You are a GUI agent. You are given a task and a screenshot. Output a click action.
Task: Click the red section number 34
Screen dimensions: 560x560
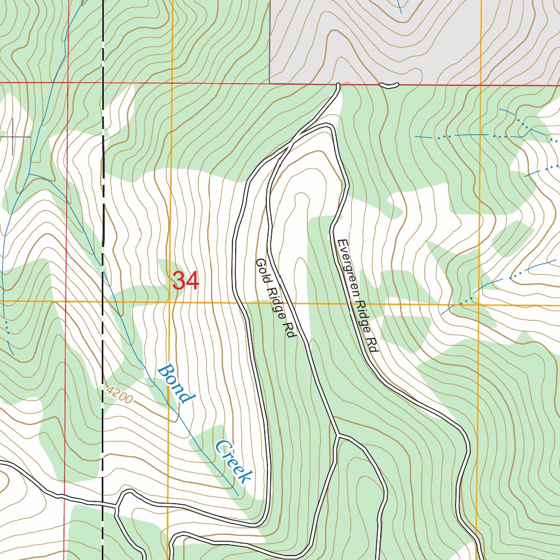point(186,281)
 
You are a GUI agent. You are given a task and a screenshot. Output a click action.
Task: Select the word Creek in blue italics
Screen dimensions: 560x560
point(234,462)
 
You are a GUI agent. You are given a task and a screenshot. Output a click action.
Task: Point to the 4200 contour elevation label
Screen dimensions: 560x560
point(119,395)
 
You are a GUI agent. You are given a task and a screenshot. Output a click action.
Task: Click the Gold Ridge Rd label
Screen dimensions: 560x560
point(275,297)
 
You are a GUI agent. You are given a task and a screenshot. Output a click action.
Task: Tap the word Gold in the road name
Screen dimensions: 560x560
point(261,269)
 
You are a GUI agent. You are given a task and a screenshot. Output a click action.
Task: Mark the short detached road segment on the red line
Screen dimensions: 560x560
point(389,85)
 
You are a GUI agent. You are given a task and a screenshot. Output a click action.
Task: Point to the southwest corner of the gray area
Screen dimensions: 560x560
point(270,83)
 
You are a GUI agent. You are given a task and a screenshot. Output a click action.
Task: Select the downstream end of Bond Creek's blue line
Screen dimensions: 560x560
point(238,494)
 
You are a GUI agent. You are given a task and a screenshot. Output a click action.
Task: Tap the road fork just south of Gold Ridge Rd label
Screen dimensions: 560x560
point(337,436)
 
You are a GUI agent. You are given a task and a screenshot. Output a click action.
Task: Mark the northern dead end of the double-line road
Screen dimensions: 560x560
point(339,85)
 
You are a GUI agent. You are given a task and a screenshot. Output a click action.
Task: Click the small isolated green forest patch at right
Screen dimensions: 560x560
point(513,238)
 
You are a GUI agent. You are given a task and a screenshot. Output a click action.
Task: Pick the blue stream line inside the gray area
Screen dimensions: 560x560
point(399,7)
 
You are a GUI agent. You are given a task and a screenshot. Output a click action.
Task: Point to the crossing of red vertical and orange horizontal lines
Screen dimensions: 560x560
point(66,301)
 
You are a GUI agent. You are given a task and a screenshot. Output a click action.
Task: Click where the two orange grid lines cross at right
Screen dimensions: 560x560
point(480,304)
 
